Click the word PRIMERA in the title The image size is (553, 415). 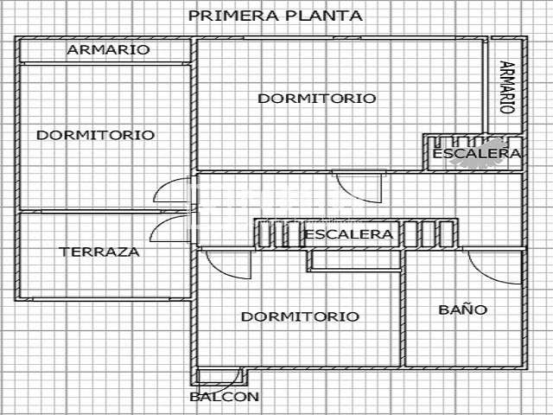(x=233, y=16)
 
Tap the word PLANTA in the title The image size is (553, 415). (x=323, y=16)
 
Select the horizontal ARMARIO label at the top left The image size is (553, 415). (x=108, y=50)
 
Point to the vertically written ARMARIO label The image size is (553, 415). (x=507, y=87)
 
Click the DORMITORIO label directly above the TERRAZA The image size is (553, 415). (x=96, y=135)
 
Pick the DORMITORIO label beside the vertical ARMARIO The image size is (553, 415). (x=317, y=99)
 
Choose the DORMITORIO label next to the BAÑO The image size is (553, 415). (x=300, y=316)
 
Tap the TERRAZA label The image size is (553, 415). (x=99, y=252)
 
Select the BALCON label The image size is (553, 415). (x=225, y=397)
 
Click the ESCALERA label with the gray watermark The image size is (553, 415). (x=476, y=154)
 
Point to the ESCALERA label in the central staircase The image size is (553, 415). (x=348, y=234)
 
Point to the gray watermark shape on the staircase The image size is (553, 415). (x=480, y=153)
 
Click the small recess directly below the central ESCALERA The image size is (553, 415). (x=355, y=260)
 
